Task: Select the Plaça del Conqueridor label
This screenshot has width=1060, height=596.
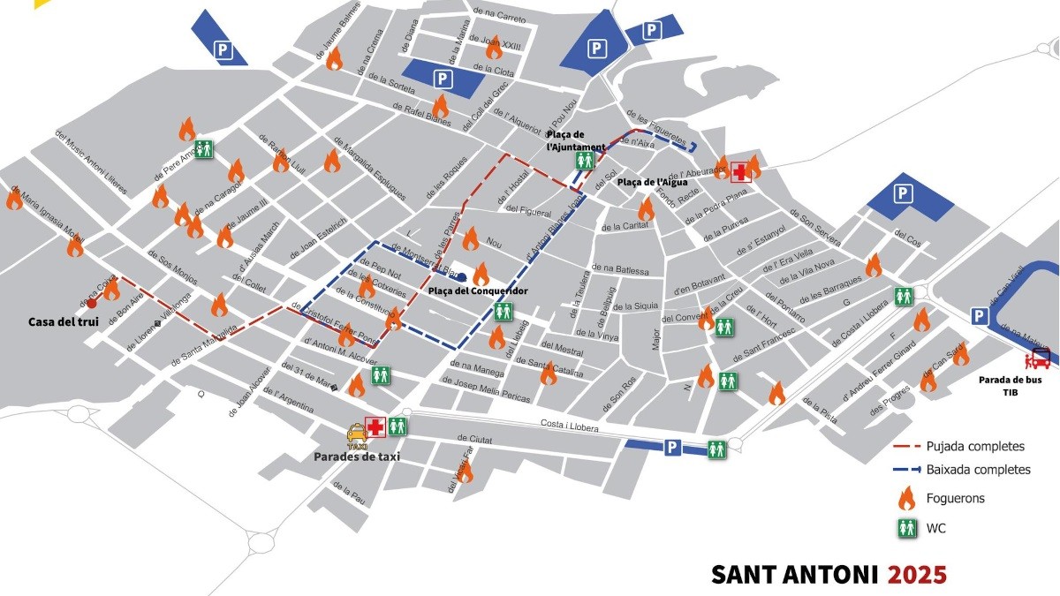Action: [x=478, y=290]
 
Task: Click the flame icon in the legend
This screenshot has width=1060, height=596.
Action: [x=905, y=499]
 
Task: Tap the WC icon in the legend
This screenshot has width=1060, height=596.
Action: [x=906, y=528]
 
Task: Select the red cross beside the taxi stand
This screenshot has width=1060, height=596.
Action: [x=376, y=427]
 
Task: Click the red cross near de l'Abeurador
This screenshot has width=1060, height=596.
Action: [x=738, y=171]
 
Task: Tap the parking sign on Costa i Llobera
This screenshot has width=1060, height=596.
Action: [x=672, y=449]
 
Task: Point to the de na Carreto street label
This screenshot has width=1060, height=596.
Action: [x=500, y=14]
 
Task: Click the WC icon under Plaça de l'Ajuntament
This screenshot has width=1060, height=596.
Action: [x=584, y=161]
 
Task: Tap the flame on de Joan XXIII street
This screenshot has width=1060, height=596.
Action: [x=494, y=46]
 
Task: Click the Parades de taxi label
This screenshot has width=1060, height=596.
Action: [x=357, y=456]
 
